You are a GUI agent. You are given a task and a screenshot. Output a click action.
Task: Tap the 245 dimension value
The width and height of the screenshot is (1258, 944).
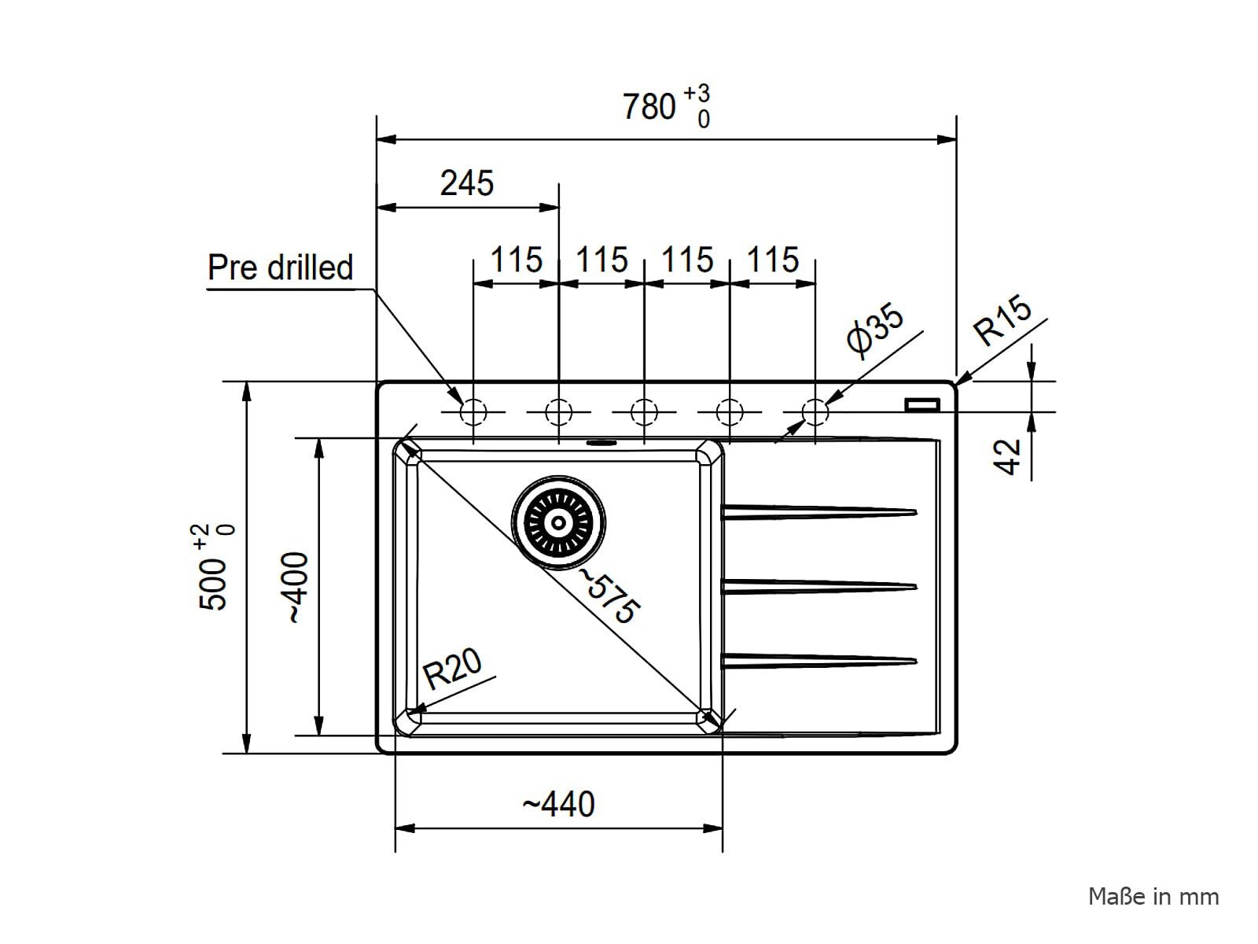(466, 183)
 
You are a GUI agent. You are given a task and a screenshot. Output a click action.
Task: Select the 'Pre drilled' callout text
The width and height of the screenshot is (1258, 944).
(280, 267)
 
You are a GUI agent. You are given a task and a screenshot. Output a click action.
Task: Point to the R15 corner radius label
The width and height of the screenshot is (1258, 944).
(1002, 321)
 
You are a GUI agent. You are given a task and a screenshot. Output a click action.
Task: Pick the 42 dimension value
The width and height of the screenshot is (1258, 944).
(1006, 457)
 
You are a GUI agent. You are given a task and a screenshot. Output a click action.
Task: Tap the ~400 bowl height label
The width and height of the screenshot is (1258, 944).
(297, 588)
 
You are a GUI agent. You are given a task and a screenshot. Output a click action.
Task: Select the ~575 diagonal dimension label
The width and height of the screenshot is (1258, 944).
(609, 596)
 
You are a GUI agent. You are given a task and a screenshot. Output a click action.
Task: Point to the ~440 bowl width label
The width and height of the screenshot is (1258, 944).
(558, 804)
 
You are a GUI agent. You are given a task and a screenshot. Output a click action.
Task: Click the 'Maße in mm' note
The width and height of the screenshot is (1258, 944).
(1153, 897)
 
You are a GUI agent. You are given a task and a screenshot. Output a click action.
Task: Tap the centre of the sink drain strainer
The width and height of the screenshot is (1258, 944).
(558, 522)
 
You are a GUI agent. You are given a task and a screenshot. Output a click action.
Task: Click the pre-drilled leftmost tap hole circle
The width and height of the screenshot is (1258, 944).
(473, 411)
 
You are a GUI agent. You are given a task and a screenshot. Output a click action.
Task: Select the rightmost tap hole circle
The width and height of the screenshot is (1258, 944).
(815, 411)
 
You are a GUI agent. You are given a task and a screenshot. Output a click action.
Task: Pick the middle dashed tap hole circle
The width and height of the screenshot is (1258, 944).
(644, 411)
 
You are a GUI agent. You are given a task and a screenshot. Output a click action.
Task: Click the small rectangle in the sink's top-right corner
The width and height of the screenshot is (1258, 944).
(922, 404)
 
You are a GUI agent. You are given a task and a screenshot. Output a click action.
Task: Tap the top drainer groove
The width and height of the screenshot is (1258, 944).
(819, 512)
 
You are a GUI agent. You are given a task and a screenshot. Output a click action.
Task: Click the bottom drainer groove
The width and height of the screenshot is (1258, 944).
(819, 661)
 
